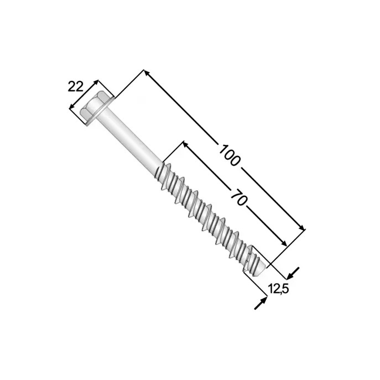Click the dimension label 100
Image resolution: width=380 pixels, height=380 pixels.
coord(230,155)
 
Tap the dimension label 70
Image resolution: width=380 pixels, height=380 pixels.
coord(238,197)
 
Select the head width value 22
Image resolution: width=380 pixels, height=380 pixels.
coord(75,87)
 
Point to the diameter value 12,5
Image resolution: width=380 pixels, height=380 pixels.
coord(278,289)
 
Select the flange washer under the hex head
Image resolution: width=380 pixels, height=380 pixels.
coord(99,111)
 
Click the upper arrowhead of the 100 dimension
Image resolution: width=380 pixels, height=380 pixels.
coord(146,73)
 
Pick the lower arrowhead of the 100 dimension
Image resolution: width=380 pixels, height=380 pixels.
coord(301,227)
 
